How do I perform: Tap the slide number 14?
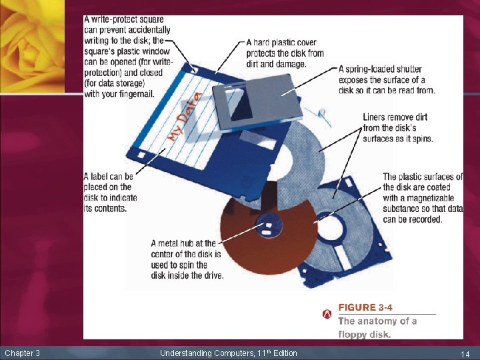pyautogui.click(x=465, y=353)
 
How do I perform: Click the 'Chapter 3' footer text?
pyautogui.click(x=22, y=353)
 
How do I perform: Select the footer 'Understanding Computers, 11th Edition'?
pyautogui.click(x=228, y=353)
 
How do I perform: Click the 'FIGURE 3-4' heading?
pyautogui.click(x=365, y=307)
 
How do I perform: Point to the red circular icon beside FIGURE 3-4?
pyautogui.click(x=327, y=313)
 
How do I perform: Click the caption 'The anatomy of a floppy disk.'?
pyautogui.click(x=377, y=328)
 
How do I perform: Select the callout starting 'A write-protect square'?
pyautogui.click(x=127, y=57)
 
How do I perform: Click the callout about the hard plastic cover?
pyautogui.click(x=285, y=53)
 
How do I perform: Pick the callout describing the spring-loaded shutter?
pyautogui.click(x=387, y=79)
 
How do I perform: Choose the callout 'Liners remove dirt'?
pyautogui.click(x=398, y=128)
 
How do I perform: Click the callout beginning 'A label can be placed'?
pyautogui.click(x=110, y=193)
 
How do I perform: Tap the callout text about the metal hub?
pyautogui.click(x=187, y=259)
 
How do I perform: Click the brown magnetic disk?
pyautogui.click(x=253, y=250)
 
